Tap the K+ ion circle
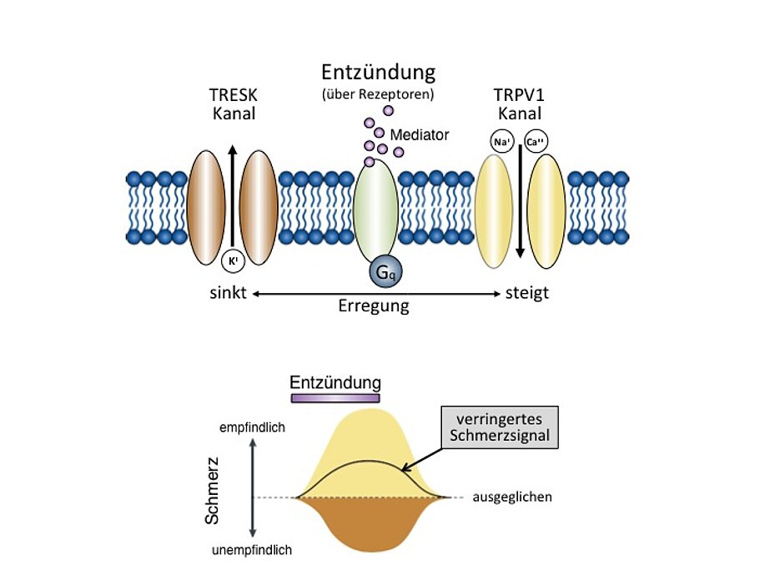click(x=233, y=261)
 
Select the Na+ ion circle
click(x=502, y=142)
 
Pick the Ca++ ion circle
click(x=535, y=142)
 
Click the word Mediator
click(x=420, y=134)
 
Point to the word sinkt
click(x=228, y=294)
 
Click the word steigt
click(x=528, y=294)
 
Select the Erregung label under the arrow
click(x=373, y=306)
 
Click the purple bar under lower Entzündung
click(x=335, y=398)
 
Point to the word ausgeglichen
click(x=512, y=497)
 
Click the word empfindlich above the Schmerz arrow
click(x=252, y=427)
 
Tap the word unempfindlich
click(x=252, y=550)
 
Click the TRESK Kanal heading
click(x=233, y=104)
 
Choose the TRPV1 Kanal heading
click(x=519, y=104)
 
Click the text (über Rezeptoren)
click(x=378, y=94)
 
